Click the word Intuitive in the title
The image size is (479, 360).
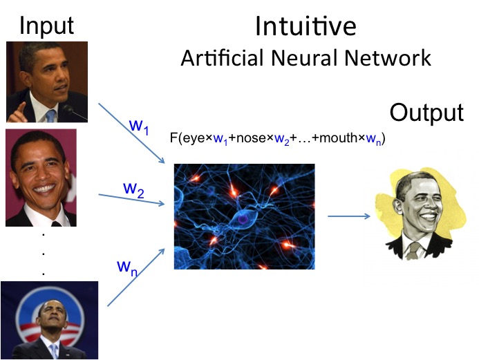pyautogui.click(x=306, y=26)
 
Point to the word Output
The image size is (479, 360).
pyautogui.click(x=426, y=113)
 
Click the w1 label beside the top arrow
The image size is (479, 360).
pyautogui.click(x=140, y=126)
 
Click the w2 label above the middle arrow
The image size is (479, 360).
pyautogui.click(x=133, y=188)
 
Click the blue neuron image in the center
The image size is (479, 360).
pyautogui.click(x=244, y=216)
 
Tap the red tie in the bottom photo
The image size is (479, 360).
pyautogui.click(x=53, y=352)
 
